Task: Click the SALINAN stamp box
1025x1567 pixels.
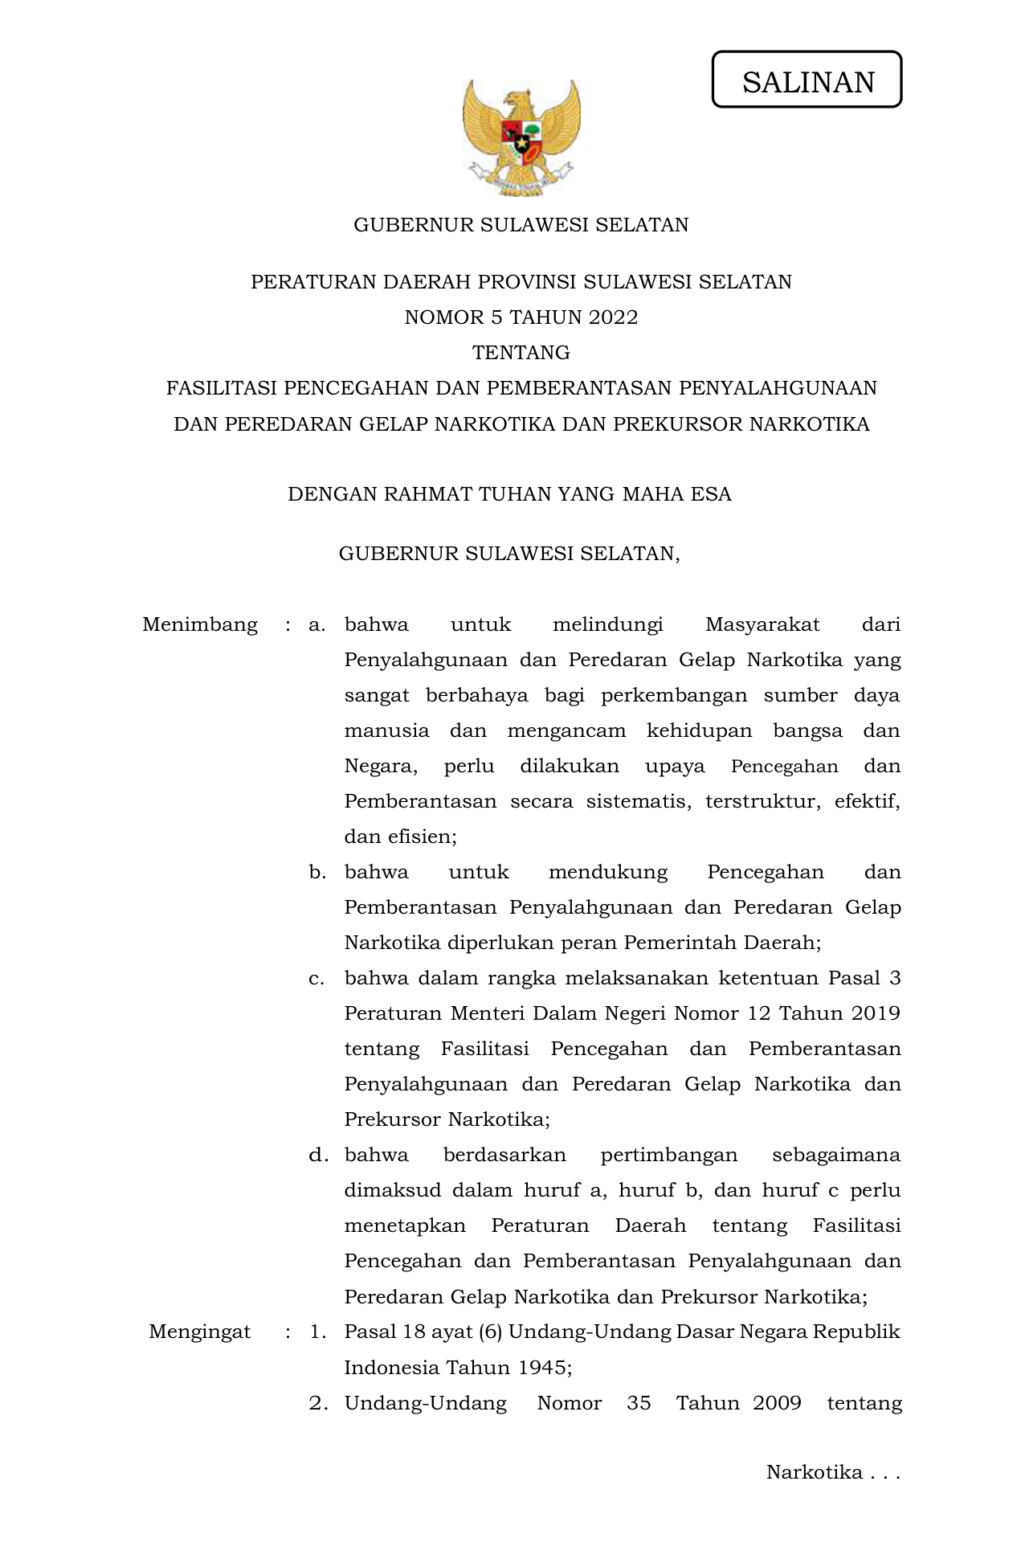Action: click(807, 80)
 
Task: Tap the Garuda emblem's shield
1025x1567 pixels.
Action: click(521, 137)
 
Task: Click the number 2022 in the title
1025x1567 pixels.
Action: click(613, 317)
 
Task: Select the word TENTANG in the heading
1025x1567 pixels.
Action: click(521, 353)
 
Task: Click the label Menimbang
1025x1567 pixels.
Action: click(199, 624)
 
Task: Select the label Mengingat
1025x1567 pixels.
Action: click(199, 1332)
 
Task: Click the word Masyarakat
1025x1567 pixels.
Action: click(762, 624)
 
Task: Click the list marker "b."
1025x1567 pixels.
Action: click(317, 872)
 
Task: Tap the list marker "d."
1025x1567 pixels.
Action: click(318, 1155)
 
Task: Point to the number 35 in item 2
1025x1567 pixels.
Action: click(639, 1402)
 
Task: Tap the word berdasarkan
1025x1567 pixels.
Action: click(504, 1155)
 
